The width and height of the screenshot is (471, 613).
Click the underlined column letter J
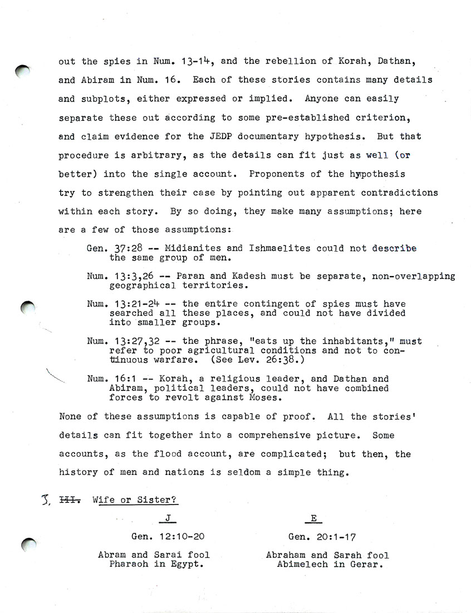[x=168, y=518]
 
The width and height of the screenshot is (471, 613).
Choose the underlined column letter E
[x=313, y=518]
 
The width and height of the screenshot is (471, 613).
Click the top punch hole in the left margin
[x=24, y=71]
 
